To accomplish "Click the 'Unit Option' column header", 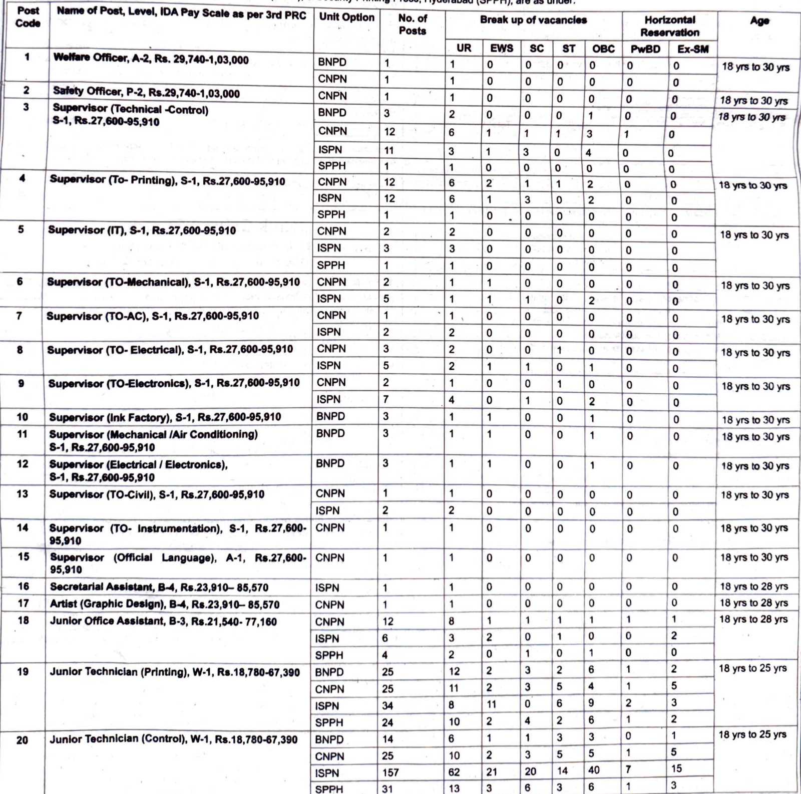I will pos(346,18).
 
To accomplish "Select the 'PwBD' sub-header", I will pos(645,49).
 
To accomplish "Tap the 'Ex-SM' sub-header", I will pos(692,49).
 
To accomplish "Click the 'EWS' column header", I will pos(501,48).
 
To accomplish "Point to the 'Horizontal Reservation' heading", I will pos(669,26).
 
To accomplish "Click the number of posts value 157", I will pos(391,772).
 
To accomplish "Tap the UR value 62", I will pos(454,772).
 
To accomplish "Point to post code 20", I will pos(23,740).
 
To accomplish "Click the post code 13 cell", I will pos(23,494).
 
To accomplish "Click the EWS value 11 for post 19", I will pos(491,704).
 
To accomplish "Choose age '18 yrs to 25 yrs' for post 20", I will pos(752,735).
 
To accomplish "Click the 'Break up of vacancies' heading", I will pos(533,20).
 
